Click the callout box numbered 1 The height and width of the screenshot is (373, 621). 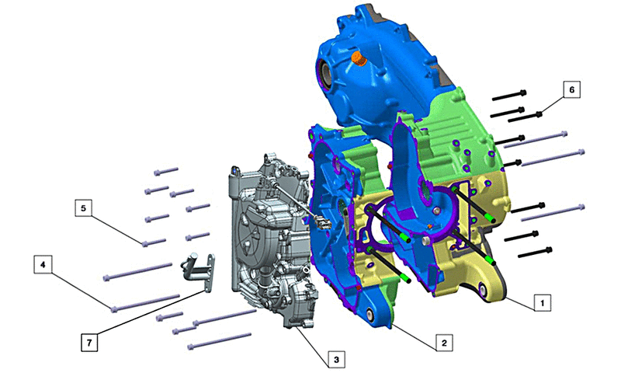coord(542,303)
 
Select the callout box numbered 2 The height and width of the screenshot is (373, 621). coord(444,343)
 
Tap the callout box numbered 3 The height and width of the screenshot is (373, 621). coord(336,360)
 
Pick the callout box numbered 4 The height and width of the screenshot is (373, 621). coord(43,264)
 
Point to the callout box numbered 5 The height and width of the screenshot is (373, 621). coord(83,207)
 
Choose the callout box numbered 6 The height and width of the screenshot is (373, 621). coord(571,89)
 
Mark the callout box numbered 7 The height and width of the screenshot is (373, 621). coord(89,343)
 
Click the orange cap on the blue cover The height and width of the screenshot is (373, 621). coord(359,59)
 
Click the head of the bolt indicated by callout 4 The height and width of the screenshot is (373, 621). coord(114,309)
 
